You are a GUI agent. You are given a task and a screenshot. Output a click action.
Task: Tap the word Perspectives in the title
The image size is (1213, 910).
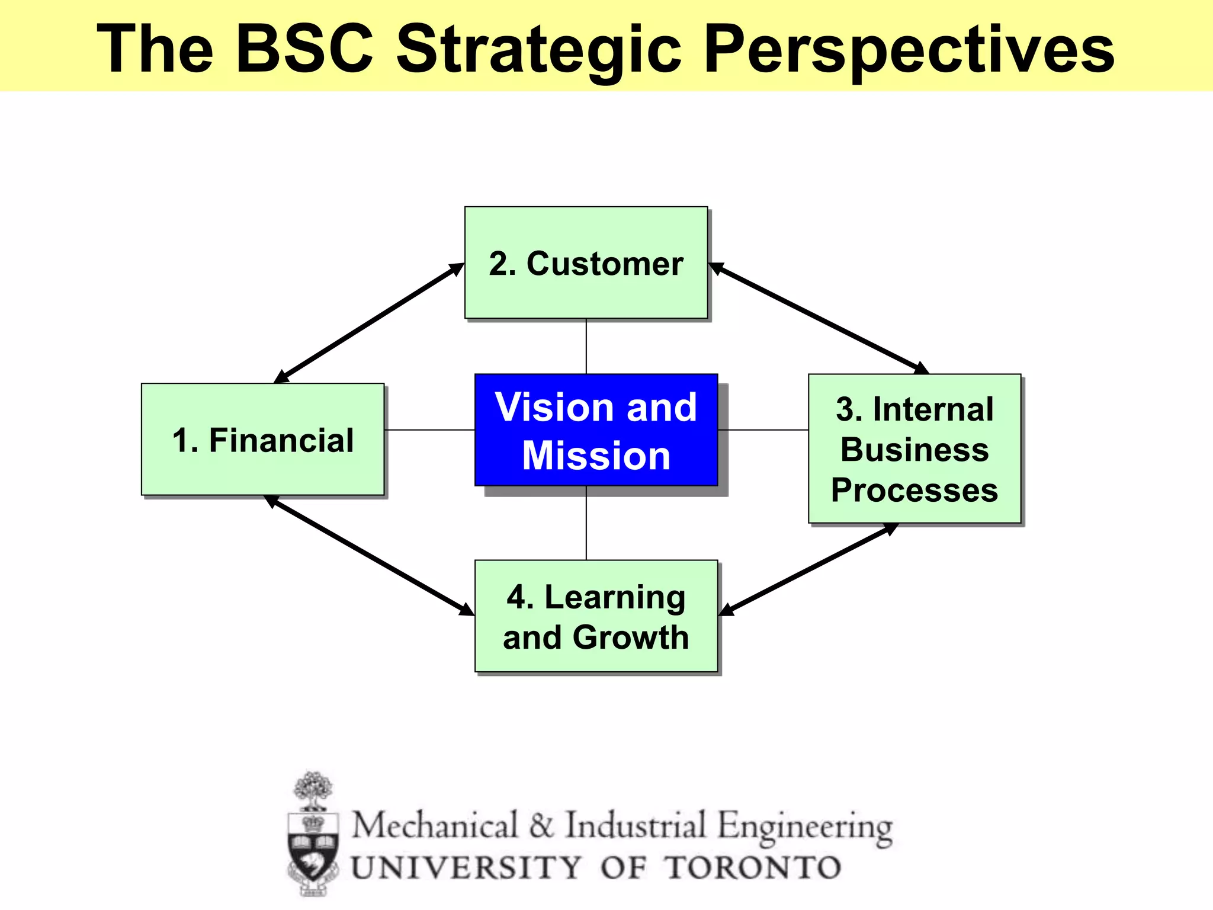(x=909, y=50)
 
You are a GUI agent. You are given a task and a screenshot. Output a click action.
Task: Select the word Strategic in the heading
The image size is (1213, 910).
(x=538, y=50)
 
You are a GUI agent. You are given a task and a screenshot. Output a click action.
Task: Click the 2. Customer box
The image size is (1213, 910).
(x=586, y=263)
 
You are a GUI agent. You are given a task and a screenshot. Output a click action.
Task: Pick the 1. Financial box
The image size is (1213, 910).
(x=262, y=440)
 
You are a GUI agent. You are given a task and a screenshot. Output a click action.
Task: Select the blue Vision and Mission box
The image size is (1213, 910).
(x=596, y=431)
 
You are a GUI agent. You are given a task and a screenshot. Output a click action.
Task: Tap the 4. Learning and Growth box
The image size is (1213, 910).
(x=596, y=616)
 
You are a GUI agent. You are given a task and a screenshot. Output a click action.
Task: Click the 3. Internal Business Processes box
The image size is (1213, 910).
(x=914, y=449)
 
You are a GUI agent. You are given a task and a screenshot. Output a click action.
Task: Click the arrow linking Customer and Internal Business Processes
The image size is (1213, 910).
(x=819, y=318)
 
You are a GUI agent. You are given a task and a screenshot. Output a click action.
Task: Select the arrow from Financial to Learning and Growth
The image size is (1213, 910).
(x=370, y=555)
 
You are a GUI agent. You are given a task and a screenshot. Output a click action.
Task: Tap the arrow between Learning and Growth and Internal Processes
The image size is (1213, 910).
(x=808, y=569)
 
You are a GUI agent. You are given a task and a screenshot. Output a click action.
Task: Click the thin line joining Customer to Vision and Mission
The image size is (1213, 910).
(x=586, y=347)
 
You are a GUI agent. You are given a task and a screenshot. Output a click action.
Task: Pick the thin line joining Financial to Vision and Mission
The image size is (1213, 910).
(x=429, y=430)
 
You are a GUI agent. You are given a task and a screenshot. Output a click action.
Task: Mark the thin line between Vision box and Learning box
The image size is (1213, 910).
(x=586, y=523)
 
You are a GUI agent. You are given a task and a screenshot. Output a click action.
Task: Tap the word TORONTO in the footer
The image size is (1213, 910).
(x=753, y=869)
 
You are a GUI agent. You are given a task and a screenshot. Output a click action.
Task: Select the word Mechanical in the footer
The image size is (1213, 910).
(x=435, y=826)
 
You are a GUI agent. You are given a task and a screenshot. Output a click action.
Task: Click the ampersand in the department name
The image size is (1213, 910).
(x=541, y=826)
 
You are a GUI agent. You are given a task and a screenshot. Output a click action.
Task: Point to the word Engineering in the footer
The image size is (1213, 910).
(x=805, y=827)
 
